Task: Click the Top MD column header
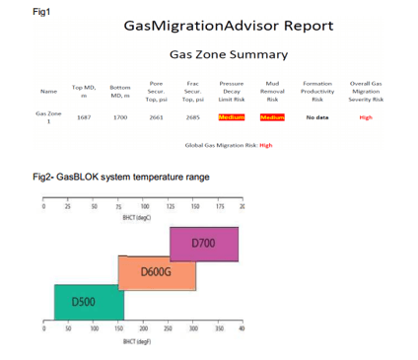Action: tap(84, 91)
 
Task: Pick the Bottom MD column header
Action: tap(121, 91)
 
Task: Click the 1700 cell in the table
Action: tap(121, 117)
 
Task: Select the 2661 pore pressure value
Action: tap(156, 117)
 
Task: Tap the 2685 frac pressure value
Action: tap(193, 117)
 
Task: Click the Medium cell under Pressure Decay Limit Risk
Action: tap(232, 117)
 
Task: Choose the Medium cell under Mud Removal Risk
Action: tap(272, 117)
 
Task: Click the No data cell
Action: tap(316, 117)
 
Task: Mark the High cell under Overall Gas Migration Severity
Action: tap(366, 117)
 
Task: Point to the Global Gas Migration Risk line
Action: tap(228, 145)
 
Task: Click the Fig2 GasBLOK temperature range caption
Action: tap(119, 178)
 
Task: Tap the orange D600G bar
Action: tap(156, 270)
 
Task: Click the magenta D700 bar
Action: tap(203, 243)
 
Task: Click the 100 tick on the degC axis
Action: tap(145, 207)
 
